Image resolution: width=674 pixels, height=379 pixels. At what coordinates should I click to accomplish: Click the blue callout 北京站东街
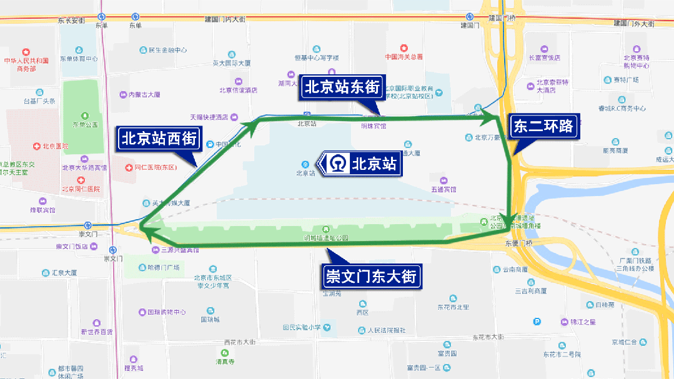point(342,87)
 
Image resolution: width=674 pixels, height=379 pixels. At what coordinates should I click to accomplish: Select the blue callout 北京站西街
point(159,138)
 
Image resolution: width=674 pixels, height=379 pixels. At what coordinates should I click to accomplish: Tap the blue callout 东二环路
point(543,126)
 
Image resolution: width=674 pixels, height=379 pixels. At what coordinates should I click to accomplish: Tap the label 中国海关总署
point(404,56)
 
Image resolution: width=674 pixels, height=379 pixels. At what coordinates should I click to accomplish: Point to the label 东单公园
point(84,124)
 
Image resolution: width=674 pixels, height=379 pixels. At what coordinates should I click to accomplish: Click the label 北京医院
point(55,146)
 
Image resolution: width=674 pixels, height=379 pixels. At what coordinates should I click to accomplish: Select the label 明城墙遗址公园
point(325,238)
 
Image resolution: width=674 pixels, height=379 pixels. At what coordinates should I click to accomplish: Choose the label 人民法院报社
point(386,330)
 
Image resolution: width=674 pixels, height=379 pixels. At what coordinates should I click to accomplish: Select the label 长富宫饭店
point(545,57)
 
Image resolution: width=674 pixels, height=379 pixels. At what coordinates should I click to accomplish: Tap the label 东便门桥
point(520,243)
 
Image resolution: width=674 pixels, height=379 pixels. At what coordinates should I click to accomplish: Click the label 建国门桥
point(503,17)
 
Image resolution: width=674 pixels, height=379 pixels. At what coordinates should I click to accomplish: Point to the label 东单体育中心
point(79,59)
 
